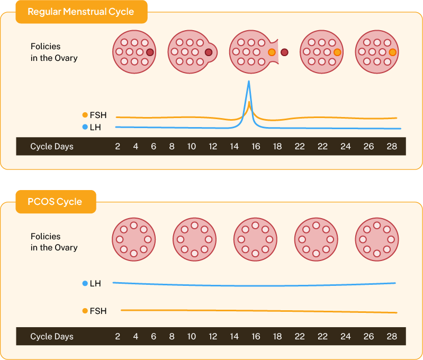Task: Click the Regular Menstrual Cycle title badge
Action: pyautogui.click(x=81, y=12)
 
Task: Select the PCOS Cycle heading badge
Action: pyautogui.click(x=56, y=202)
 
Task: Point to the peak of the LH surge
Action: pyautogui.click(x=249, y=82)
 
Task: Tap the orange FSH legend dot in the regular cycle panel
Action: pyautogui.click(x=85, y=115)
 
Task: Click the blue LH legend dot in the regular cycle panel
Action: pyautogui.click(x=85, y=127)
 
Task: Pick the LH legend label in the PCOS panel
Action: pyautogui.click(x=95, y=284)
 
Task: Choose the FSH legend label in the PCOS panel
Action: pyautogui.click(x=98, y=311)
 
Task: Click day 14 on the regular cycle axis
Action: pyautogui.click(x=234, y=147)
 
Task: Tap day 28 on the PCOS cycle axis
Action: pyautogui.click(x=391, y=337)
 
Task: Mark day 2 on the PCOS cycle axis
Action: pyautogui.click(x=118, y=337)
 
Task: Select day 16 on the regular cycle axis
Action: pyautogui.click(x=256, y=147)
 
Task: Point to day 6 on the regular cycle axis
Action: pyautogui.click(x=154, y=147)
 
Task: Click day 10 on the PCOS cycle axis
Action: pyautogui.click(x=191, y=337)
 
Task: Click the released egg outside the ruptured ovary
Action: pyautogui.click(x=285, y=52)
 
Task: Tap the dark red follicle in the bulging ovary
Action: pyautogui.click(x=209, y=52)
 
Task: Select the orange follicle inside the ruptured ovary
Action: pyautogui.click(x=272, y=52)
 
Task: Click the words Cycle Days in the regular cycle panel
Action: pyautogui.click(x=52, y=147)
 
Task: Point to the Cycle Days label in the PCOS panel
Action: pyautogui.click(x=52, y=337)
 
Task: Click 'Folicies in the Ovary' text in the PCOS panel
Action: pyautogui.click(x=54, y=242)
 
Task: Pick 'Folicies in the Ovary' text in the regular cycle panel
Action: pyautogui.click(x=54, y=52)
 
